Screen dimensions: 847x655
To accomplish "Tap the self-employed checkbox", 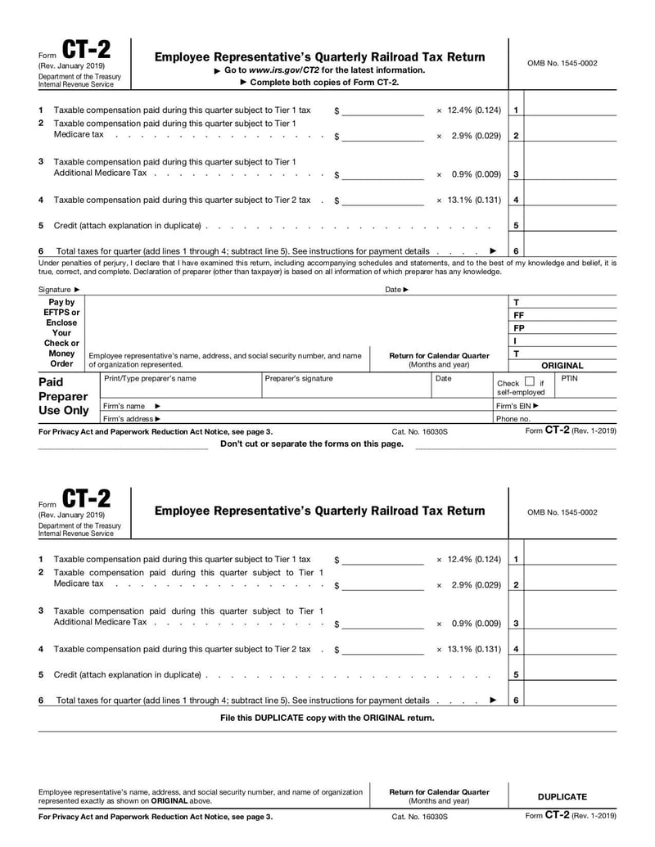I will (529, 381).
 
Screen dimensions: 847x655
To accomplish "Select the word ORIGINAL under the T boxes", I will (562, 366).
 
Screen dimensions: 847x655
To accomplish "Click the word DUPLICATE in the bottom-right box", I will (562, 796).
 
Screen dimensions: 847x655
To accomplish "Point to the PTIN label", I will (569, 379).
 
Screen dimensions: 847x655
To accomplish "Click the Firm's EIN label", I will (517, 406).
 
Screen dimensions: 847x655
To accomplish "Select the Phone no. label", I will (513, 419).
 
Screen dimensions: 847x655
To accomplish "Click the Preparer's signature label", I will (300, 379).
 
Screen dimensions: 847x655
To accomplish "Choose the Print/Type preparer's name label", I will (150, 379).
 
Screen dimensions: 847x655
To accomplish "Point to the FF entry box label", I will (518, 315).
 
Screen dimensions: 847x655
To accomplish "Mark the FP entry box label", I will (518, 328).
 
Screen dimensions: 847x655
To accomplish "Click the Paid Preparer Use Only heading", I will (64, 396).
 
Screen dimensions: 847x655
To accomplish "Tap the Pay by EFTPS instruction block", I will (61, 333).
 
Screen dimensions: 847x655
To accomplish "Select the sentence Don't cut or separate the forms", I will (312, 444).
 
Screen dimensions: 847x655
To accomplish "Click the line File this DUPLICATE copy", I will (327, 718).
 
